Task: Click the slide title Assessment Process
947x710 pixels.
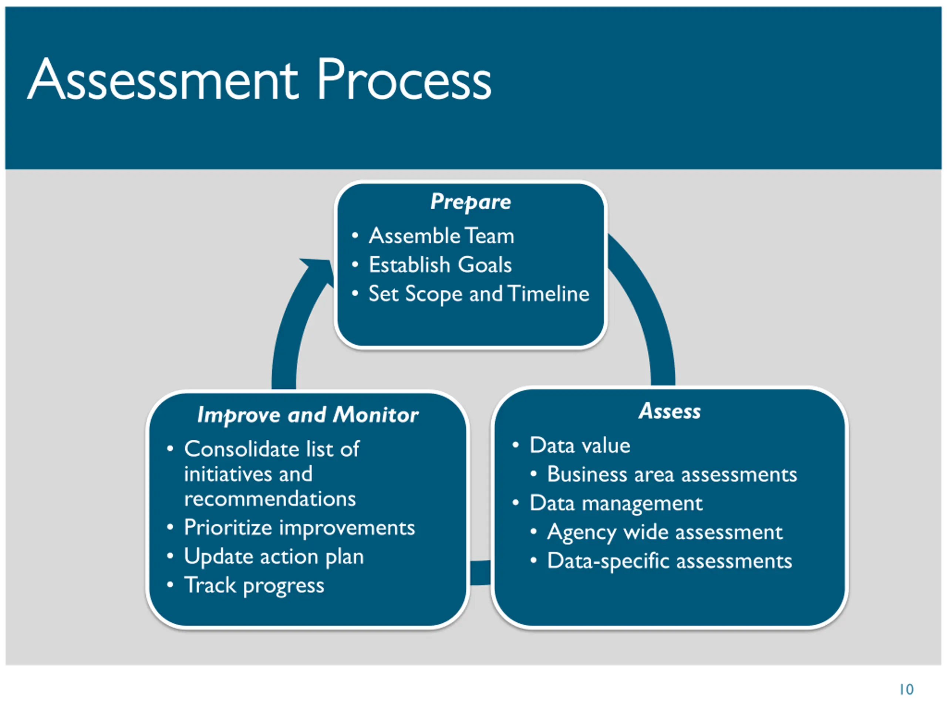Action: coord(259,80)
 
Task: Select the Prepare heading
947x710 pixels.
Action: coord(471,202)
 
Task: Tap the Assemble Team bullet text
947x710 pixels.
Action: coord(441,236)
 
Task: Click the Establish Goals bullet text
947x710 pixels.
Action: coord(440,264)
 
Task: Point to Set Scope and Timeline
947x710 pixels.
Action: coord(479,294)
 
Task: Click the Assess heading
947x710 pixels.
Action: coord(670,411)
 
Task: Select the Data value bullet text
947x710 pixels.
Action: coord(580,446)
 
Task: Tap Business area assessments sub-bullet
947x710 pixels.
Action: coord(672,474)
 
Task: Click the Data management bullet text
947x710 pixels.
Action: coord(616,503)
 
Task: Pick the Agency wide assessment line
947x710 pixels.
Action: coord(664,532)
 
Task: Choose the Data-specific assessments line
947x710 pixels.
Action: coord(670,561)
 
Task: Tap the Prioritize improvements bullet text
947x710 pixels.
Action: coord(299,528)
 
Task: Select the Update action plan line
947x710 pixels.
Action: coord(274,557)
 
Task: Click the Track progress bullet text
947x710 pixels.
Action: coord(254,585)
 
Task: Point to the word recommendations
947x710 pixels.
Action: coord(270,499)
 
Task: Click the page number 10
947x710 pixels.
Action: coord(906,689)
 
